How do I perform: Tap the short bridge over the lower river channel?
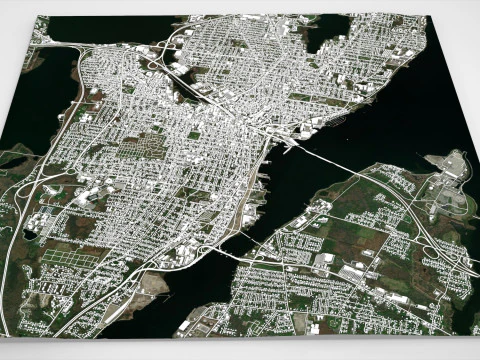[x=238, y=257]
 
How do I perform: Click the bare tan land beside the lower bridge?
[x=150, y=285]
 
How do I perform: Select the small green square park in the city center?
[x=193, y=135]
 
